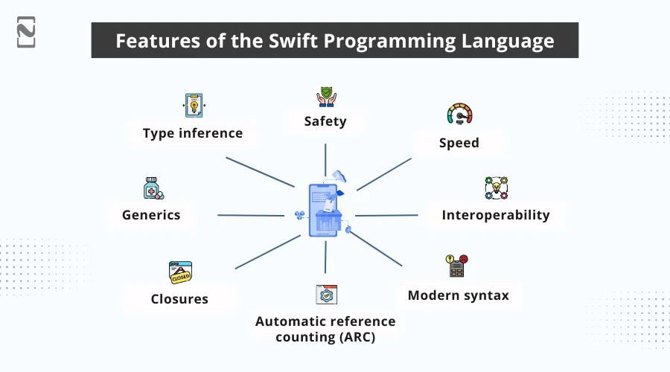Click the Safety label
click(x=325, y=121)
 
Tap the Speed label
click(x=459, y=142)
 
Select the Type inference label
click(x=193, y=133)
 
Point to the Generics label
click(x=151, y=215)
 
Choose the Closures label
click(x=179, y=299)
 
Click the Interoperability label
click(x=495, y=215)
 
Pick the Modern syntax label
click(x=458, y=295)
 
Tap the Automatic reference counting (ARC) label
click(x=325, y=328)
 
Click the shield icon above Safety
click(x=325, y=97)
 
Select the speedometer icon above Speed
click(x=459, y=115)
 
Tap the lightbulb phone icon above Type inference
click(x=193, y=105)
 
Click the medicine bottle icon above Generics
click(x=153, y=187)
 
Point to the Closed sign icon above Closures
click(x=180, y=272)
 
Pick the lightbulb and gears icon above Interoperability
click(x=496, y=188)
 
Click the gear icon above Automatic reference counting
click(x=326, y=295)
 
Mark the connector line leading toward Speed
click(x=384, y=174)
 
